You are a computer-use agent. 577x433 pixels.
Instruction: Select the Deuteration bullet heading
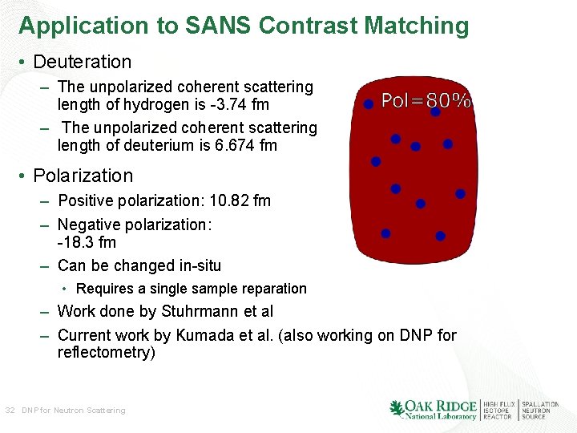click(x=83, y=62)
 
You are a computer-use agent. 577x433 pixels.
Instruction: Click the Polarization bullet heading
click(x=83, y=176)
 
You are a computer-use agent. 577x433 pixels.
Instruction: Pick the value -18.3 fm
click(x=87, y=242)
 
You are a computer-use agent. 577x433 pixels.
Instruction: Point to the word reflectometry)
click(x=107, y=353)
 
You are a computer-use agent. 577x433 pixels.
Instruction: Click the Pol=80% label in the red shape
click(x=426, y=101)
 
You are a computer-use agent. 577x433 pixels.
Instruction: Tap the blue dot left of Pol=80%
click(x=369, y=104)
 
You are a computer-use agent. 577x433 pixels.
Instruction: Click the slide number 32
click(x=10, y=411)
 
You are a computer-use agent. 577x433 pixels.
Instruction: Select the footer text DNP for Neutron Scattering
click(x=74, y=411)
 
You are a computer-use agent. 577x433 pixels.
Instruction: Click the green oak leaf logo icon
click(x=397, y=409)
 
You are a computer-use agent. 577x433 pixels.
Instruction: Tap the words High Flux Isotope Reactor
click(x=497, y=411)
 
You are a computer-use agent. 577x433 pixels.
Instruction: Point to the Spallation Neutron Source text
click(x=540, y=411)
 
